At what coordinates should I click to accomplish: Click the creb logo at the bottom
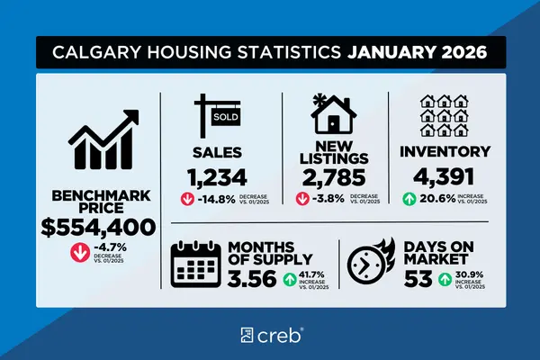[x=270, y=337]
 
